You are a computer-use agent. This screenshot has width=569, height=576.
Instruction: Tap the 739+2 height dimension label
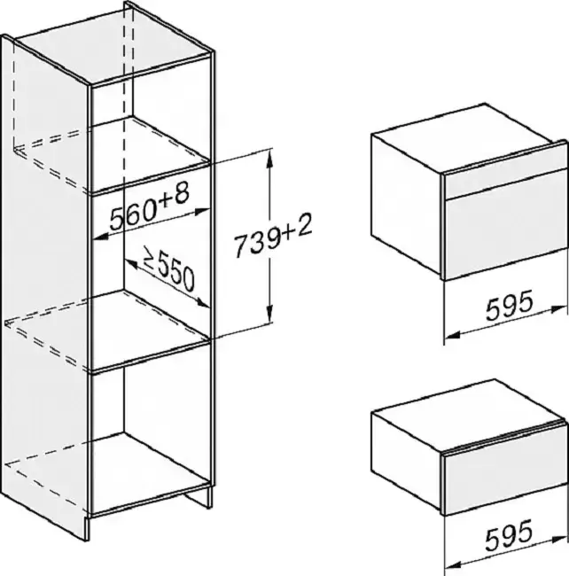[273, 236]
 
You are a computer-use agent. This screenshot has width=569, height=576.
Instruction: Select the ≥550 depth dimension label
[168, 269]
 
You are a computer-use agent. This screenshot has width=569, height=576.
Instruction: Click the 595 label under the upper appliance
[509, 305]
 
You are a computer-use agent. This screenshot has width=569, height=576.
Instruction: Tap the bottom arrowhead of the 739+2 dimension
[270, 315]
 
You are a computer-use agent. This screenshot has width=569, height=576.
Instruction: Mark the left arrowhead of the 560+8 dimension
[101, 237]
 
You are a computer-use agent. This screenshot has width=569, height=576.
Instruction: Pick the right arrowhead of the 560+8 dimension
[202, 211]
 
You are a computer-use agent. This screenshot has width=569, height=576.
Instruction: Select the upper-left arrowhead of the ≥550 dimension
[131, 263]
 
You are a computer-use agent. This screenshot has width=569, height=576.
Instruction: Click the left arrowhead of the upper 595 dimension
[453, 335]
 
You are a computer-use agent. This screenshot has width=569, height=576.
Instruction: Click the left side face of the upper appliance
[407, 204]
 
